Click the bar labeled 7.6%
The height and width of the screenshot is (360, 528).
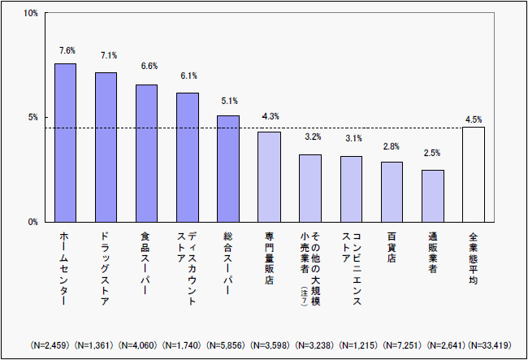coord(65,142)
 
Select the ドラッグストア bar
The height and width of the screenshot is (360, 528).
coord(106,146)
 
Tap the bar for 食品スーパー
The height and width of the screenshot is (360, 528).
coord(146,153)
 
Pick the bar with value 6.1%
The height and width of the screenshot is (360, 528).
coord(188,157)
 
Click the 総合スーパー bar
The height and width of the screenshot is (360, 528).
coord(228,168)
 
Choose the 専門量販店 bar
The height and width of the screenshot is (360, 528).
coord(269,176)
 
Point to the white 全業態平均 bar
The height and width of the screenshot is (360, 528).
coord(474,174)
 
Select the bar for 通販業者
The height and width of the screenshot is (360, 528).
coord(433,195)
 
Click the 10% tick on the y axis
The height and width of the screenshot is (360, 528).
coord(30,14)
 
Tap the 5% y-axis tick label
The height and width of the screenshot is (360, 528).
coord(32,117)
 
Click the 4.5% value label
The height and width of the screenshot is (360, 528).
coord(474,119)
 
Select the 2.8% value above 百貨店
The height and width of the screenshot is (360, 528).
coord(392,147)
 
